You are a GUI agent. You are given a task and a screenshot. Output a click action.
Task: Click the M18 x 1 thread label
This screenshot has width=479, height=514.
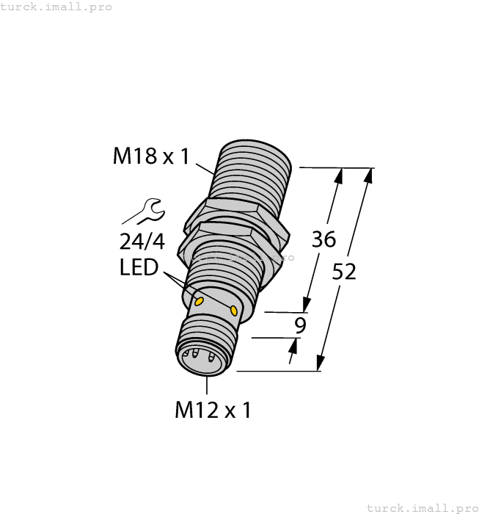pyautogui.click(x=151, y=156)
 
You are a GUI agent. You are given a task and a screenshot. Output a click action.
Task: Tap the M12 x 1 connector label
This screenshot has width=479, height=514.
pyautogui.click(x=213, y=410)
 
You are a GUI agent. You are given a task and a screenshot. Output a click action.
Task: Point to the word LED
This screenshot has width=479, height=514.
pyautogui.click(x=139, y=267)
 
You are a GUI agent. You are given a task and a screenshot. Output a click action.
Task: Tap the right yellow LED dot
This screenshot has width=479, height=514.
pyautogui.click(x=234, y=311)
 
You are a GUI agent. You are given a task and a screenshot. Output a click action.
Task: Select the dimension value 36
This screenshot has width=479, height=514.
pyautogui.click(x=323, y=239)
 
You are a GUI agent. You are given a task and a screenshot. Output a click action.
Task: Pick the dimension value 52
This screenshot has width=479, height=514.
pyautogui.click(x=344, y=272)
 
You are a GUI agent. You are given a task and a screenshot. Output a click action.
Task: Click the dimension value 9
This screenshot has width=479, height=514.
pyautogui.click(x=299, y=326)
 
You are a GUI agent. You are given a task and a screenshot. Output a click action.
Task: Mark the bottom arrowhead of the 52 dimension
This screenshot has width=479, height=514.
pyautogui.click(x=320, y=364)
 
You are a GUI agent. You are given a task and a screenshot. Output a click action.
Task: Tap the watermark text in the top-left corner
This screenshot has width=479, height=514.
pyautogui.click(x=56, y=7)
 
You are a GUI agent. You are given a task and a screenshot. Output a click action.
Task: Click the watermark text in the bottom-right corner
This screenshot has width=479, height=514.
pyautogui.click(x=421, y=507)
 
